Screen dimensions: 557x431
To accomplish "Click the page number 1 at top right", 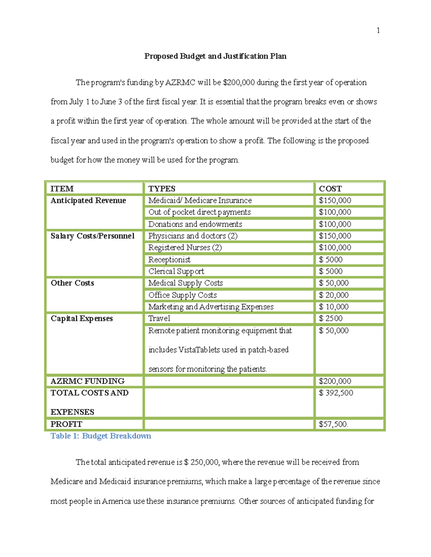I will (378, 30).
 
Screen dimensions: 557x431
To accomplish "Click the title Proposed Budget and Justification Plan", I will (215, 56).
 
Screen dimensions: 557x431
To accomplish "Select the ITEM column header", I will (62, 189).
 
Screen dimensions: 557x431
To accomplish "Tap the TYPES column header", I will (162, 189).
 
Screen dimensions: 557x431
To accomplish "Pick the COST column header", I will (330, 189).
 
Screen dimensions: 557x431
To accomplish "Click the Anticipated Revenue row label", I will (88, 200).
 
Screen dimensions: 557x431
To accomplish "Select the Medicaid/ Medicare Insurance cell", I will (200, 200).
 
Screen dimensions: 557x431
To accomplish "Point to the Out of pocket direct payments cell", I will (199, 212).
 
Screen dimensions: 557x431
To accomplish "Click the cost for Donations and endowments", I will (335, 224).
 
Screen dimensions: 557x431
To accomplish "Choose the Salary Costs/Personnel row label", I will (92, 236).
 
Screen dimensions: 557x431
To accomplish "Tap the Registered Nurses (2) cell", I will (185, 248).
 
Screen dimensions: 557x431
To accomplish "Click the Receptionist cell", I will (169, 260).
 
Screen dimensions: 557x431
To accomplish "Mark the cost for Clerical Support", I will (330, 272).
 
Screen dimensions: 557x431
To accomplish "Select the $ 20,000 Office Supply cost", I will (334, 295).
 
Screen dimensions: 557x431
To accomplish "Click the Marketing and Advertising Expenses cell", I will (211, 307).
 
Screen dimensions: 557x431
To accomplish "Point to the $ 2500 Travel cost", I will (330, 318).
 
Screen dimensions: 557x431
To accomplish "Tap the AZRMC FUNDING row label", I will (88, 381).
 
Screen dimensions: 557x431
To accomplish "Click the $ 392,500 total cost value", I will (336, 393).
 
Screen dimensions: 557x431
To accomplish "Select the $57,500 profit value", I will (333, 424).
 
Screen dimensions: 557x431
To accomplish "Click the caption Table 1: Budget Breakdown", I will (101, 436).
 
